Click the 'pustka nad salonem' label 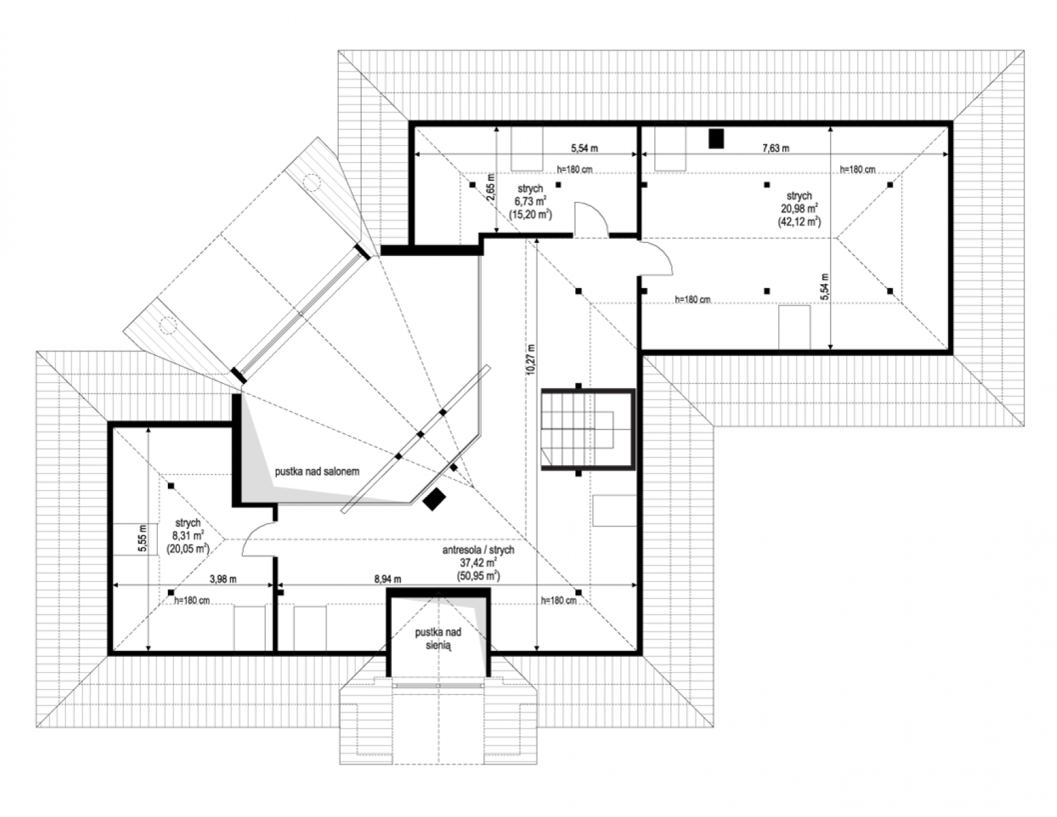click(317, 471)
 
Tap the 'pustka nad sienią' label click(438, 639)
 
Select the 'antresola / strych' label click(478, 549)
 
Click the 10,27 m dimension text click(531, 359)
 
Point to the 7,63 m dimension click(776, 148)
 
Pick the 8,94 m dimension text click(388, 579)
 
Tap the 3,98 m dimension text click(223, 579)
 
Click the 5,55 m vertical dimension click(142, 539)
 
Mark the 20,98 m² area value click(799, 208)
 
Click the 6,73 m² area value click(531, 201)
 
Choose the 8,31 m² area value click(188, 536)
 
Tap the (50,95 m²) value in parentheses click(478, 576)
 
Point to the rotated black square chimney click(435, 499)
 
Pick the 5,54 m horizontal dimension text click(584, 148)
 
